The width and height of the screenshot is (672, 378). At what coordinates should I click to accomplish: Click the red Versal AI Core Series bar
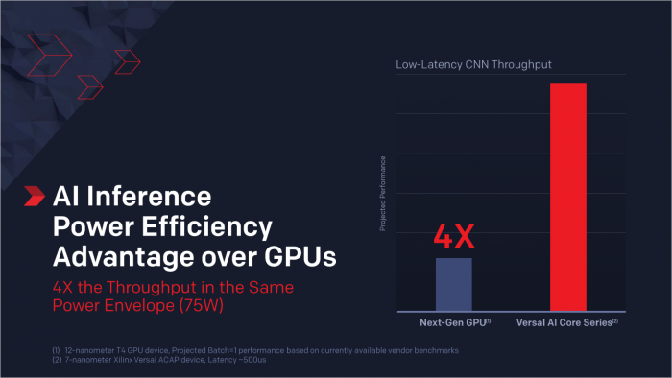coord(567,196)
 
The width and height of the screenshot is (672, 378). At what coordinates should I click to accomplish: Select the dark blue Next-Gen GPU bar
coord(454,283)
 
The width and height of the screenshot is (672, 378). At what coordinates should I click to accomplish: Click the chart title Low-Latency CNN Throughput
coord(474,65)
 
